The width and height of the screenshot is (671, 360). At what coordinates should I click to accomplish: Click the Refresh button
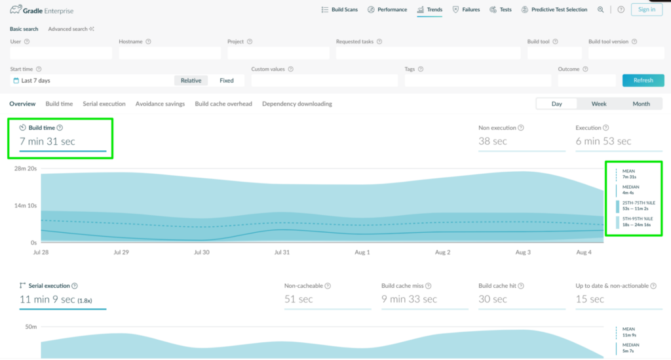643,81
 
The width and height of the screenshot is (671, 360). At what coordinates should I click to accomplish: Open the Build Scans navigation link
339,9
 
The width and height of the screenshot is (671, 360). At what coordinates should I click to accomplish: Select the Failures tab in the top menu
466,9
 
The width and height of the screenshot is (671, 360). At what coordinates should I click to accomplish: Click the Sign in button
647,9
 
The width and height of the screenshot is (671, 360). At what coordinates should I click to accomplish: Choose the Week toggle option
599,104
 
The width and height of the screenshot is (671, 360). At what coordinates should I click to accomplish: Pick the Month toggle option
641,104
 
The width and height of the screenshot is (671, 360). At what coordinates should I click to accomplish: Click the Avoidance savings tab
160,104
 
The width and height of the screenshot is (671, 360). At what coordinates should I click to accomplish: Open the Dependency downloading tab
297,104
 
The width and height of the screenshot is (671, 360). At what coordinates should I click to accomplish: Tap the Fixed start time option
226,81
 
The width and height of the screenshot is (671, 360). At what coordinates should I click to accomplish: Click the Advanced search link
71,29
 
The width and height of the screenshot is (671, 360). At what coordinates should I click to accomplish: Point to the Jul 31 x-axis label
282,252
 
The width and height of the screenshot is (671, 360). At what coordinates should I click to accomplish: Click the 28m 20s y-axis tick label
26,169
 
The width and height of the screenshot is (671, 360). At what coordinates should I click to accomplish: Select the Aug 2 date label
442,252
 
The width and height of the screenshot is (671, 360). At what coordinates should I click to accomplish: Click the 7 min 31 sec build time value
47,141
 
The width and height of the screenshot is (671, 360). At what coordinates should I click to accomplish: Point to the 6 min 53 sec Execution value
603,141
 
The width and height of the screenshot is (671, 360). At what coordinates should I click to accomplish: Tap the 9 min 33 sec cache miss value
409,299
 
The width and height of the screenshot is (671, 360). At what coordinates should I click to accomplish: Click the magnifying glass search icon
600,9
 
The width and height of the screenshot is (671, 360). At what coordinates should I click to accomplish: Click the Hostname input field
170,52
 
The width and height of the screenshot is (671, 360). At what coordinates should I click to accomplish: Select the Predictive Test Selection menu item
554,9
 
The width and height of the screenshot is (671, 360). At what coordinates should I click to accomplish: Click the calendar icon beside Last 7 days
16,81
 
